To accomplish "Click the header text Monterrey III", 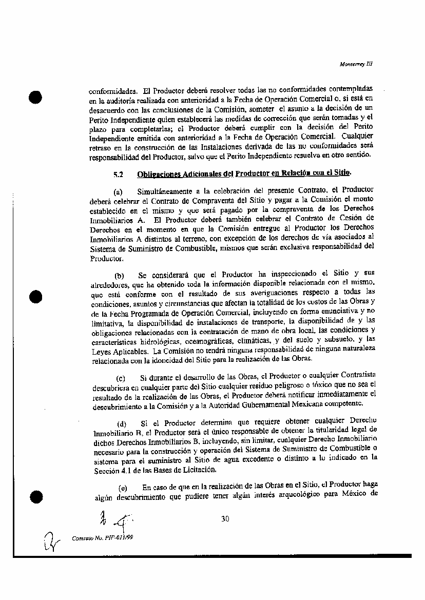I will click(356, 64).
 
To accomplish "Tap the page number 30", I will click(225, 519).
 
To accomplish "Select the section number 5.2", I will click(118, 174).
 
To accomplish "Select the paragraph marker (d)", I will click(122, 423).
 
